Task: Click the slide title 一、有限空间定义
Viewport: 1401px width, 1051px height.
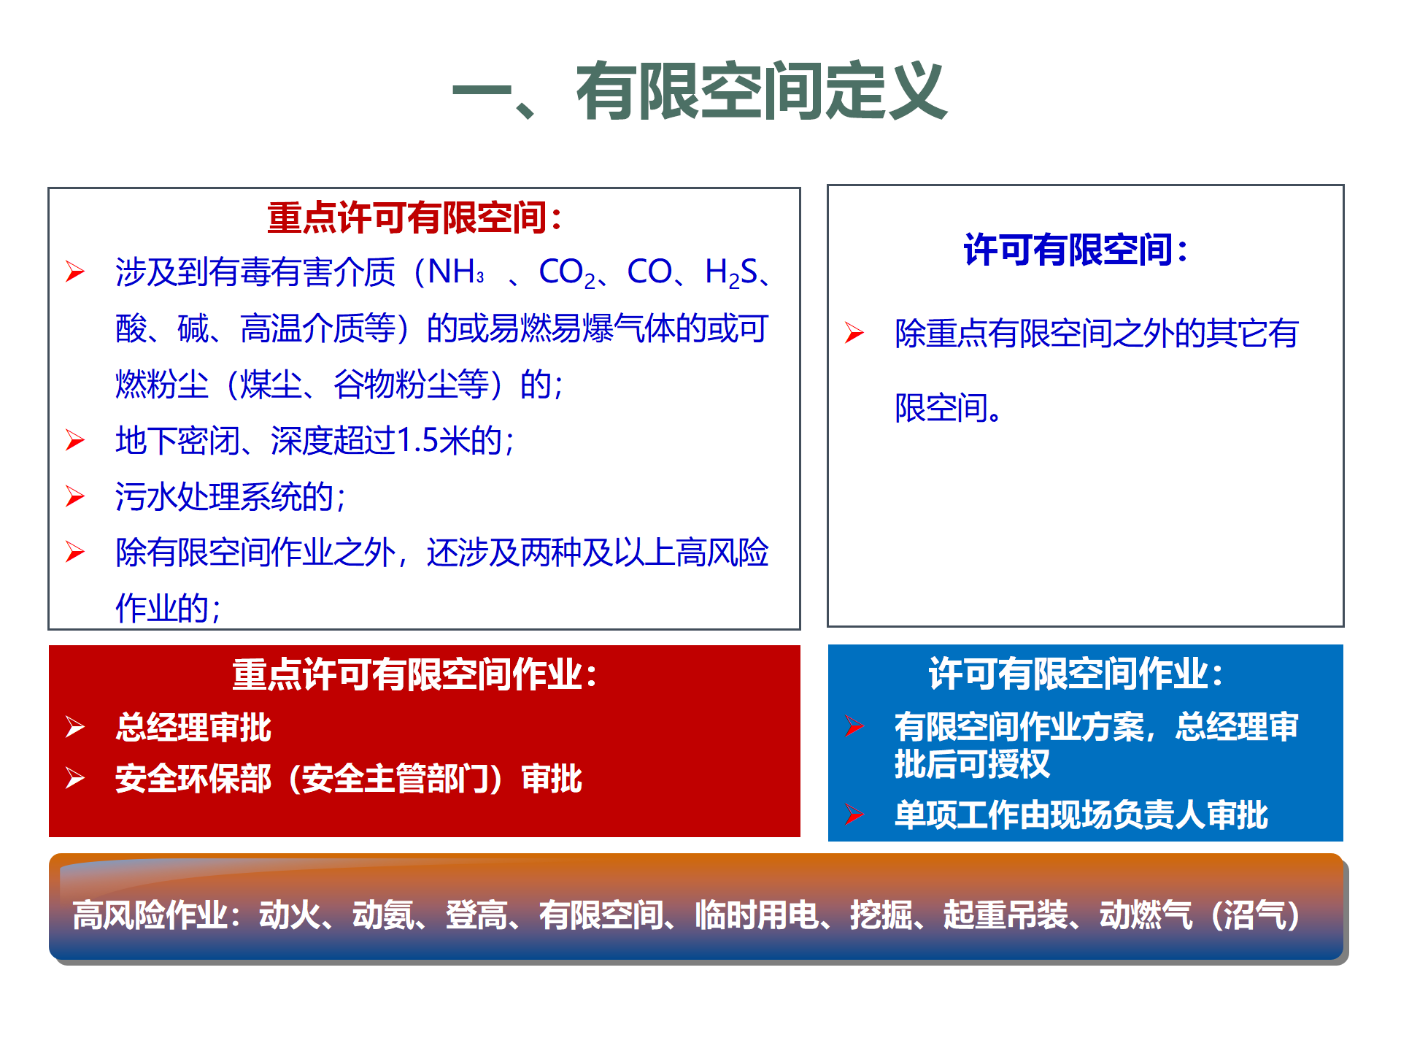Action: (699, 91)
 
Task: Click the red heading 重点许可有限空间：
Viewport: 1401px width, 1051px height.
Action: (415, 217)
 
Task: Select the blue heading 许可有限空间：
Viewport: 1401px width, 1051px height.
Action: (1076, 250)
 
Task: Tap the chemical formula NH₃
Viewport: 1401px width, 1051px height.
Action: (456, 272)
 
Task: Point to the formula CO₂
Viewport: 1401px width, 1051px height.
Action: (567, 273)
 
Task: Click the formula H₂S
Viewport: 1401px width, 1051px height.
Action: (732, 273)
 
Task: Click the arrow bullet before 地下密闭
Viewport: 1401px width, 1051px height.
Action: (75, 440)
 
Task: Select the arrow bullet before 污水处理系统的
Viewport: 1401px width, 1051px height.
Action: (75, 496)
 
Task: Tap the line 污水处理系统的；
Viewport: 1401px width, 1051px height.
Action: (231, 496)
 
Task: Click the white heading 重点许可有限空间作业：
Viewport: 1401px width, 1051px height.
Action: (415, 674)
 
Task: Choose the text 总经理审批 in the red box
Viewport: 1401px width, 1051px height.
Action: (193, 727)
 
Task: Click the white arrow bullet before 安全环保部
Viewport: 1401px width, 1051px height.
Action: (75, 778)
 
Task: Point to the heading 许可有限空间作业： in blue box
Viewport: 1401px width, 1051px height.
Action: (1076, 673)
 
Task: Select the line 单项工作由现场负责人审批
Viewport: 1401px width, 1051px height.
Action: (1081, 815)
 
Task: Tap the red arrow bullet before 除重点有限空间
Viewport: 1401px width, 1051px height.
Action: (854, 333)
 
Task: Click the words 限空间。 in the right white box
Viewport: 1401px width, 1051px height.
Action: (949, 407)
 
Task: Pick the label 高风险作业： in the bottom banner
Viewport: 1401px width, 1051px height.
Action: (157, 915)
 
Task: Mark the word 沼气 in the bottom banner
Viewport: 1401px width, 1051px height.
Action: (1254, 915)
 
